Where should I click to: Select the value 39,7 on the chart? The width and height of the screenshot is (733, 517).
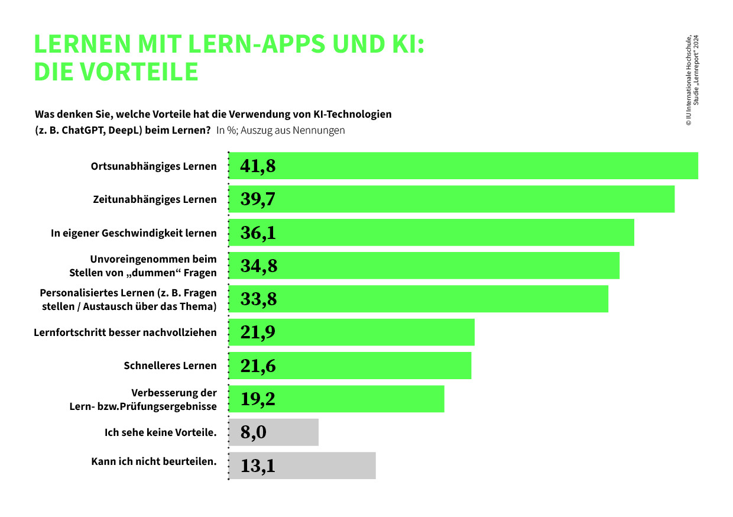click(x=258, y=199)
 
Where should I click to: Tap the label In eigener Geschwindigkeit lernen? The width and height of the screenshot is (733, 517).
click(x=134, y=233)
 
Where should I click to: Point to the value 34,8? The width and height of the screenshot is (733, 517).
click(x=258, y=266)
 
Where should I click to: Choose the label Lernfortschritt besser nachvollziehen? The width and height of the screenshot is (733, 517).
click(x=125, y=332)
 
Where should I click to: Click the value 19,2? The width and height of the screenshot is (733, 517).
click(x=258, y=399)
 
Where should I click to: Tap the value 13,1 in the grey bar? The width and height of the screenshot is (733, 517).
click(x=258, y=466)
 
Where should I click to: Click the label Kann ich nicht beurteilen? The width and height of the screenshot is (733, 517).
click(x=154, y=461)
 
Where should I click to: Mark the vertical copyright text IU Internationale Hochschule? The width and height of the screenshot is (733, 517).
click(x=689, y=80)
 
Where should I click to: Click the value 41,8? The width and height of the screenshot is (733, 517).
click(x=258, y=166)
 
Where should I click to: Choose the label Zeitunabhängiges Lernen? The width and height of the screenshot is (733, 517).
click(x=155, y=199)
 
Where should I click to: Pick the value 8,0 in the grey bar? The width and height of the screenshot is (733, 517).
click(x=254, y=433)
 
